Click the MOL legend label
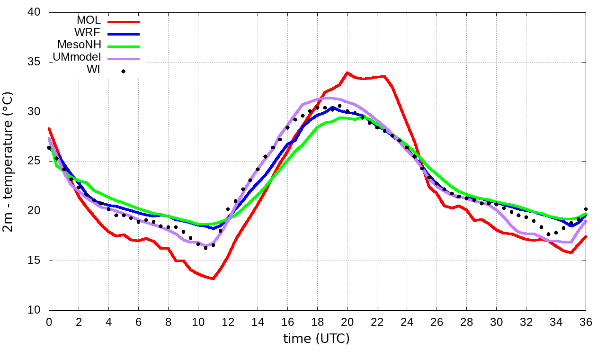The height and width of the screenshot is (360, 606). pos(89,20)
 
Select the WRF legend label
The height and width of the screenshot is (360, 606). pos(88,33)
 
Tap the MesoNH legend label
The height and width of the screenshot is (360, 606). pos(79,45)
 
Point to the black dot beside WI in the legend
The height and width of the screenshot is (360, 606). pos(123,72)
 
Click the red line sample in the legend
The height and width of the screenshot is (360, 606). pos(124,22)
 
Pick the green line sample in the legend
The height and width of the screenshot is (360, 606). pos(124,46)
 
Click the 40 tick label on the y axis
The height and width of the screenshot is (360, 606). pos(35,13)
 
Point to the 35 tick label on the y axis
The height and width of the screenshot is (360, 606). pos(35,63)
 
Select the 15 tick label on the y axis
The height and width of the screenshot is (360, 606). pos(35,261)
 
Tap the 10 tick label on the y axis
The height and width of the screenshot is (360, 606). pos(35,310)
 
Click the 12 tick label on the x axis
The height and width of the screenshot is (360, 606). pos(228,322)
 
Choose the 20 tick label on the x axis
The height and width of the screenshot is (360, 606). pos(347,322)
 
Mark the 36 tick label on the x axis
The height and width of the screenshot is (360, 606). pos(586,322)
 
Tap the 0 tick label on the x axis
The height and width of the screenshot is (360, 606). pos(49,322)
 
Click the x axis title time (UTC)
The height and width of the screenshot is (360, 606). pos(316,339)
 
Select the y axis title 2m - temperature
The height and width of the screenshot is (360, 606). pos(9,161)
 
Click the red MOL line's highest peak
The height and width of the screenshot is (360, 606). pos(347,72)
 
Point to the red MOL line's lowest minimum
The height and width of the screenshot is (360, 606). pos(213,279)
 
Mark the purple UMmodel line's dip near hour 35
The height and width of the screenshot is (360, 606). pos(571,243)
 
